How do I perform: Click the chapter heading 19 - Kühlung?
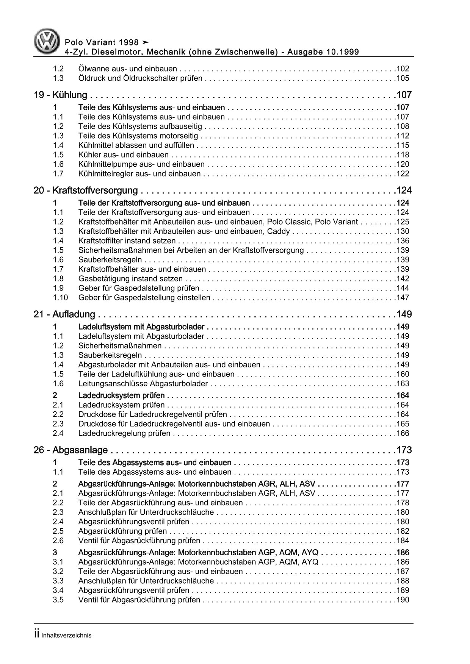click(60, 95)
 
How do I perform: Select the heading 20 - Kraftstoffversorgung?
click(85, 191)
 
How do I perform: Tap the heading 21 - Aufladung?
click(64, 314)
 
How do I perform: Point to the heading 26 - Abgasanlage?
click(70, 450)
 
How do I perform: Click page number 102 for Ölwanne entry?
click(402, 69)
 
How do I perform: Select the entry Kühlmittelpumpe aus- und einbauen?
click(141, 164)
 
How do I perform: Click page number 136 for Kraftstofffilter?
click(402, 241)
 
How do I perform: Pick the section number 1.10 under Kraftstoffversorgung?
click(60, 298)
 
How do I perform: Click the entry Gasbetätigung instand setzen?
click(130, 279)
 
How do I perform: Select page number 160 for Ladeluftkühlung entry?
click(402, 374)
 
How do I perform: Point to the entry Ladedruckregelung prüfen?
click(124, 433)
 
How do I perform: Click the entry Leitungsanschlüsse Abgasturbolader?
click(143, 384)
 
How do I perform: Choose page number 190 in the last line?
click(402, 600)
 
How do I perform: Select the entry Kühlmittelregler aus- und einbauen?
click(139, 174)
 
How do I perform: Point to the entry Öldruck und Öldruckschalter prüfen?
click(140, 78)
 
